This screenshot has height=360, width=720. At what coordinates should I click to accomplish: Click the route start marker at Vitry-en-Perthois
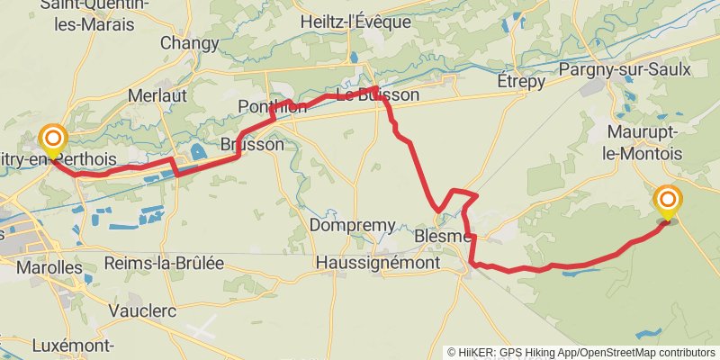(53, 139)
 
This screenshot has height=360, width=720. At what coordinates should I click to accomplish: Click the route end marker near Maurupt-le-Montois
(668, 201)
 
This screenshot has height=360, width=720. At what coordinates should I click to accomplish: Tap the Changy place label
(190, 42)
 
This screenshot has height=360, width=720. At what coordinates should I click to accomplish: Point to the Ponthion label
(267, 107)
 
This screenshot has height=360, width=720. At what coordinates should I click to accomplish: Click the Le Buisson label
(377, 94)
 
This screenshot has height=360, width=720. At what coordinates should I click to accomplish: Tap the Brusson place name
(252, 144)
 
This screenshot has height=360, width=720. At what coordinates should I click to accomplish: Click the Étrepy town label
(521, 81)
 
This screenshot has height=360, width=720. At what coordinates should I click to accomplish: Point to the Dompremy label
(352, 225)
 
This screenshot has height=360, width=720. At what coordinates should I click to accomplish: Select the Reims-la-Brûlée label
(164, 264)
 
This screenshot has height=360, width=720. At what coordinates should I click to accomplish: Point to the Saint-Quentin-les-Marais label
(94, 15)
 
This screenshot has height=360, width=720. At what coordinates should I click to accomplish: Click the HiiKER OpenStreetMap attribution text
(580, 352)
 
